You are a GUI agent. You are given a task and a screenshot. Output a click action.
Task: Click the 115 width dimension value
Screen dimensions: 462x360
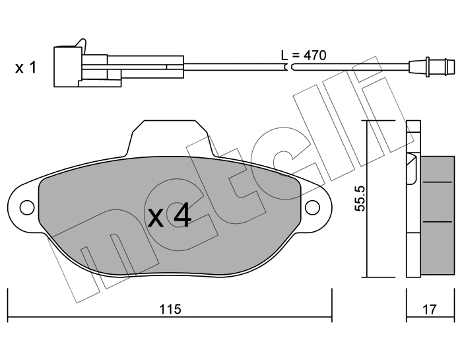click(170, 309)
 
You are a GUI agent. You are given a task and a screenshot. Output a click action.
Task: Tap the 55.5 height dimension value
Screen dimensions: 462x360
click(360, 198)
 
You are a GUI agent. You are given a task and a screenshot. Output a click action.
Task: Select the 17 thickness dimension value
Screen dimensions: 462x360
click(429, 309)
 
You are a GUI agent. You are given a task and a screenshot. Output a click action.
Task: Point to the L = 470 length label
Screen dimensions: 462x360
click(304, 55)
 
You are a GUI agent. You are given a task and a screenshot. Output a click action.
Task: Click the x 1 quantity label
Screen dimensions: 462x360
click(26, 68)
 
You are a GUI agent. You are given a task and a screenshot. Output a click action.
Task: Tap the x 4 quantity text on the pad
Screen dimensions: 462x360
click(170, 217)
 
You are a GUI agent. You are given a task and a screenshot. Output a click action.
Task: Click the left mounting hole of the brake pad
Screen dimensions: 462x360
click(26, 207)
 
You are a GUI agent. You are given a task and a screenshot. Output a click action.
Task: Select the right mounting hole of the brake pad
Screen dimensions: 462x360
click(312, 207)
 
